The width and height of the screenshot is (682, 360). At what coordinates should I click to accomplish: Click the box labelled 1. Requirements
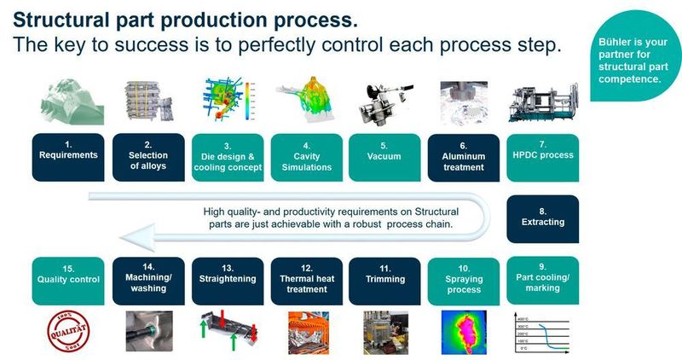tap(69, 157)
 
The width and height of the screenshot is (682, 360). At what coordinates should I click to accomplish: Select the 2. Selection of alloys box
tap(148, 157)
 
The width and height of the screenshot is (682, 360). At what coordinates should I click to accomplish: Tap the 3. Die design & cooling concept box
tap(227, 157)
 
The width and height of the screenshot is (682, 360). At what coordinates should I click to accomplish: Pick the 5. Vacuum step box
tap(384, 157)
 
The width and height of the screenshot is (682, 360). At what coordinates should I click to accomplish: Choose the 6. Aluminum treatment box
tap(463, 157)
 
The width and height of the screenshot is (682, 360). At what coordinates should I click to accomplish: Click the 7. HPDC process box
tap(543, 155)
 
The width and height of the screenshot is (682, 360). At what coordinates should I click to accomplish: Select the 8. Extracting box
tap(543, 219)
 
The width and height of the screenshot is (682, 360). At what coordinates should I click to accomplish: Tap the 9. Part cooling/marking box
tap(543, 281)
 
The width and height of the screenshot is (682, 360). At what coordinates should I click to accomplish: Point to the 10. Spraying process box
tap(463, 282)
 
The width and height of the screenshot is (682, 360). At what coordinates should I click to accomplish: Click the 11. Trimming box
tap(384, 282)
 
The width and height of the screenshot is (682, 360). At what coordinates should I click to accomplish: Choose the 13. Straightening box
tap(227, 282)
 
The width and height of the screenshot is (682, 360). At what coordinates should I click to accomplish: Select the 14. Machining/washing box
tap(148, 282)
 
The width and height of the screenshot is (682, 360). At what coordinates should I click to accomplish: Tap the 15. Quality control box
tap(69, 282)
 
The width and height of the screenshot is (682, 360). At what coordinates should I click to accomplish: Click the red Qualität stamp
tap(69, 333)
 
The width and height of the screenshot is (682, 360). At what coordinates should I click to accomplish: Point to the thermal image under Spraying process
tap(463, 333)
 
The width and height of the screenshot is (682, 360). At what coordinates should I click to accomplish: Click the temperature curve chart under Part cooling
tap(543, 333)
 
